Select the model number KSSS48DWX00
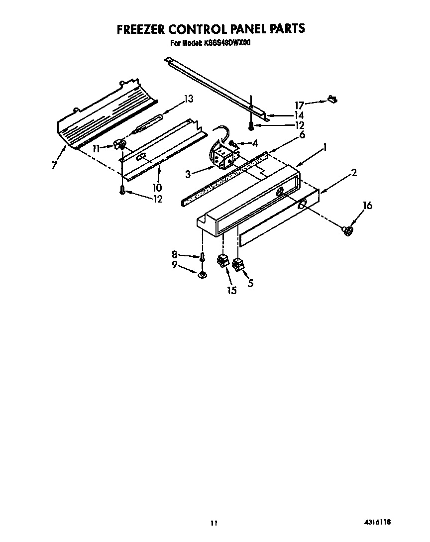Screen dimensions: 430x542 click(226, 43)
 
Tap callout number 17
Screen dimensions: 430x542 click(299, 105)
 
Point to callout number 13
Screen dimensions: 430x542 click(188, 99)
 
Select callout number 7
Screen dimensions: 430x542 click(54, 165)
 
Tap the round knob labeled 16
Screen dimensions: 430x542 click(348, 230)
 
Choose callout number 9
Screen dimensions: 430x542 click(175, 265)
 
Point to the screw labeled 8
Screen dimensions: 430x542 click(203, 258)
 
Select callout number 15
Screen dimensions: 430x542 click(232, 290)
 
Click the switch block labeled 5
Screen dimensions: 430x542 click(238, 264)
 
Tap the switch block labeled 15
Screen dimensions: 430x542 click(222, 261)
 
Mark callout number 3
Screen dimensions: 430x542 click(188, 174)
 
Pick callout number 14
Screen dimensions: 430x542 click(299, 115)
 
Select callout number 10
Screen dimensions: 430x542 click(157, 188)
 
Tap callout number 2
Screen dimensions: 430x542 click(354, 173)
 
